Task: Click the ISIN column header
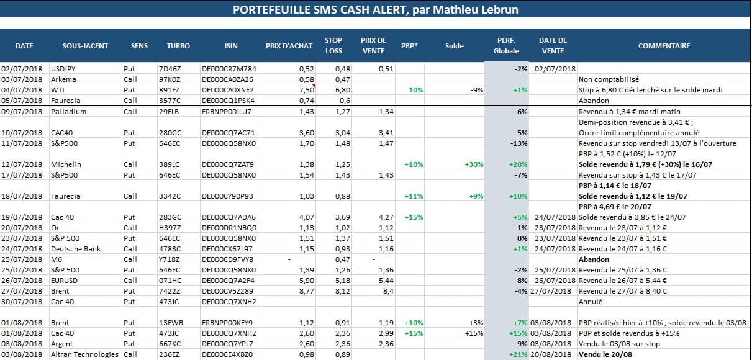(x=231, y=46)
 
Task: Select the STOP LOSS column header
(x=333, y=46)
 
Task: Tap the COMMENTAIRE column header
(x=664, y=46)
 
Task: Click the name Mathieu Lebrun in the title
(x=476, y=10)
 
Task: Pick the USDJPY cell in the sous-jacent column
(x=63, y=69)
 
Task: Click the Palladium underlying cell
(x=68, y=112)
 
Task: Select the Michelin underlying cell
(x=66, y=164)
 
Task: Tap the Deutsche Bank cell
(x=76, y=249)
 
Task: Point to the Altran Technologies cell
(x=84, y=354)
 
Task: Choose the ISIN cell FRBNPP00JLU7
(x=226, y=112)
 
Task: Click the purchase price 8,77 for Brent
(x=307, y=291)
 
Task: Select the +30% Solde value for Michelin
(x=474, y=164)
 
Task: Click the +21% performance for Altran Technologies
(x=519, y=354)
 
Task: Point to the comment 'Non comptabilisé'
(x=609, y=79)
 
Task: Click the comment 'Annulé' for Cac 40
(x=591, y=302)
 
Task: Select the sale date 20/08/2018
(x=551, y=354)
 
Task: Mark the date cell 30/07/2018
(x=22, y=302)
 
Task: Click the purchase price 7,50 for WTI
(x=307, y=90)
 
